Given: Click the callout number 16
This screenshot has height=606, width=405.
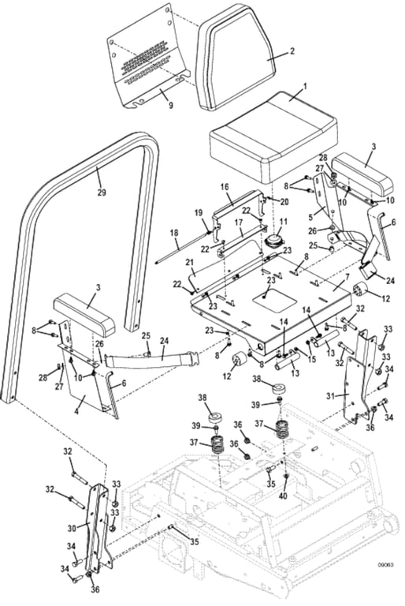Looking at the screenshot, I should (224, 188).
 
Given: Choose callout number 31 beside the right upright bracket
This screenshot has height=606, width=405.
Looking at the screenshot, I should (331, 395).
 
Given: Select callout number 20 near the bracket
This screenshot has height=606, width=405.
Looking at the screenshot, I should (263, 201).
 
